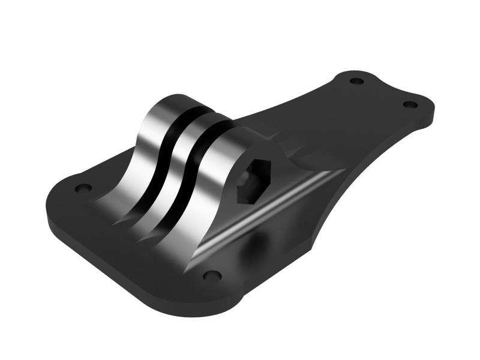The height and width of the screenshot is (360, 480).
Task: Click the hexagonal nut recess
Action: (253, 181)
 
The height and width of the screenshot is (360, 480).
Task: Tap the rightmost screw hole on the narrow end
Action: (410, 104)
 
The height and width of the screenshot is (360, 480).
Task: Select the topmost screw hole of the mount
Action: (356, 80)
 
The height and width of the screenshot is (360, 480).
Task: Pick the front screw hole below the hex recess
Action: (211, 275)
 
